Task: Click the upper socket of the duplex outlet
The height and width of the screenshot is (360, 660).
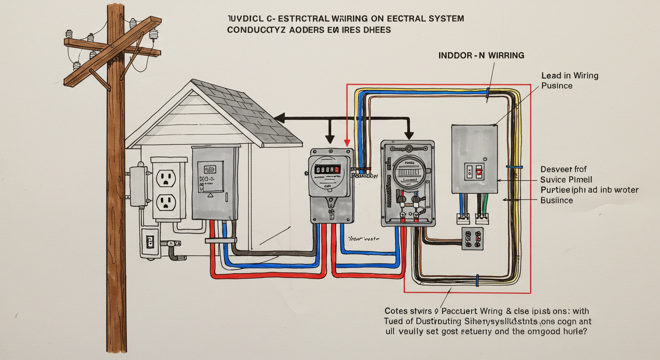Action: pos(165,178)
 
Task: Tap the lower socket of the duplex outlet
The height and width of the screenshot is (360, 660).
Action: pos(165,202)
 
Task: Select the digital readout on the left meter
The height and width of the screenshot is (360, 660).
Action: pos(327,169)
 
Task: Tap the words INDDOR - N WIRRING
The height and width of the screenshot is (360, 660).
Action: pos(481,55)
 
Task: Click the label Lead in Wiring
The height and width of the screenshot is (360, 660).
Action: pos(570,75)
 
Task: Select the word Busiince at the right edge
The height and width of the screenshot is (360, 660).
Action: pos(556,200)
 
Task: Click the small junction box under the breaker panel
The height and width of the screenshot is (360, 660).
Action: pos(472,239)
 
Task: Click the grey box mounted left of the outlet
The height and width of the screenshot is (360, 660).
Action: pos(138,186)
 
